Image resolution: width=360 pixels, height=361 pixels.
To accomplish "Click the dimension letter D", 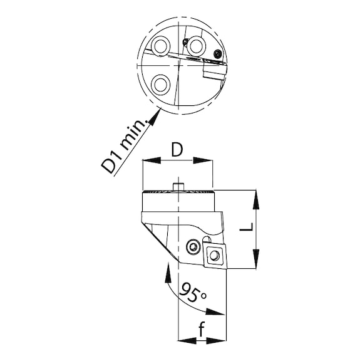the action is click(x=177, y=150).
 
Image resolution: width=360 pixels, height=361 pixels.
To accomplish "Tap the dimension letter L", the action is click(x=246, y=227).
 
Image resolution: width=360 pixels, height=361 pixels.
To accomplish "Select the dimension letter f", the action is click(x=202, y=329).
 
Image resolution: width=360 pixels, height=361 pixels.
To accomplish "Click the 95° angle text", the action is click(x=193, y=293).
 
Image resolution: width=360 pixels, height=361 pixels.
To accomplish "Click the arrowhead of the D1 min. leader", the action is click(x=154, y=117).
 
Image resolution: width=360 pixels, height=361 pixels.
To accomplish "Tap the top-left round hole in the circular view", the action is click(x=160, y=46).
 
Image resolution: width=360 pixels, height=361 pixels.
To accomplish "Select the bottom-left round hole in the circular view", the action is click(x=160, y=84).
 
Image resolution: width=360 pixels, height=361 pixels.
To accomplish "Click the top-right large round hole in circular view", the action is click(x=196, y=45).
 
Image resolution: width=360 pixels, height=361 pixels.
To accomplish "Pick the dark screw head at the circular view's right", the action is click(x=218, y=54).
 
